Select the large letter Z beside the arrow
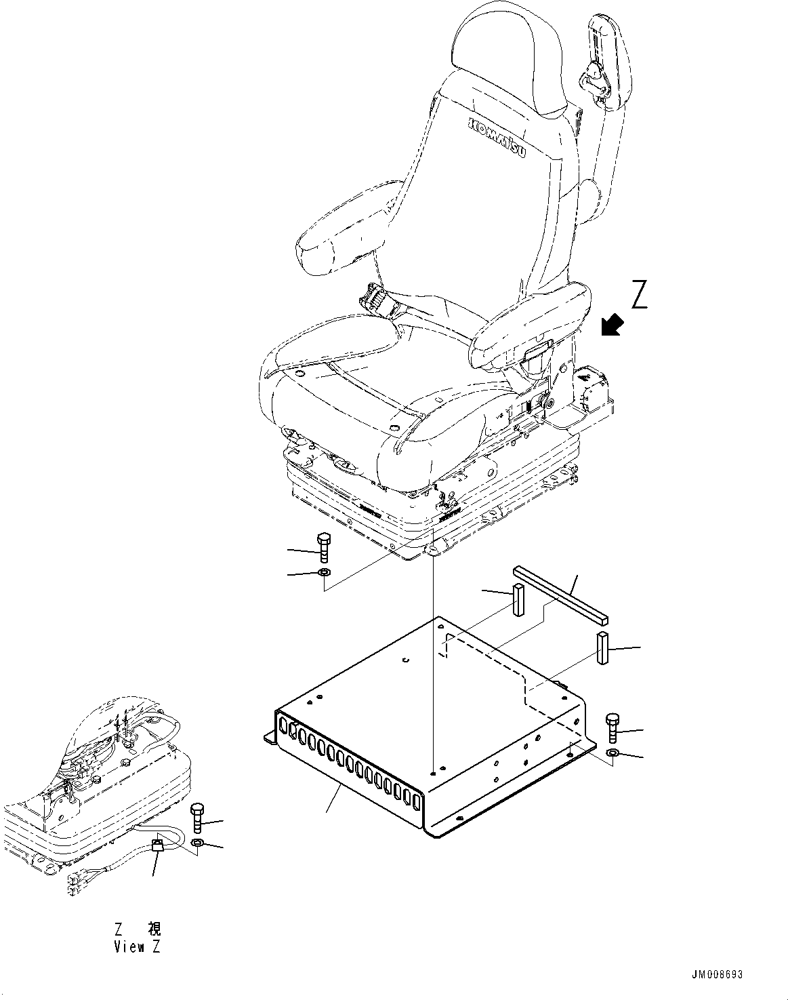pos(638,294)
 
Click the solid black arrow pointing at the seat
pos(612,325)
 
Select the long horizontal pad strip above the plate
pos(561,595)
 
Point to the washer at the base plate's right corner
pos(613,754)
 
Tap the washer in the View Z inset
pos(198,842)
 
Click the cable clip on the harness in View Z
pos(157,845)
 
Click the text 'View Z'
pos(137,947)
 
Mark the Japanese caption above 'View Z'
pos(137,928)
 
